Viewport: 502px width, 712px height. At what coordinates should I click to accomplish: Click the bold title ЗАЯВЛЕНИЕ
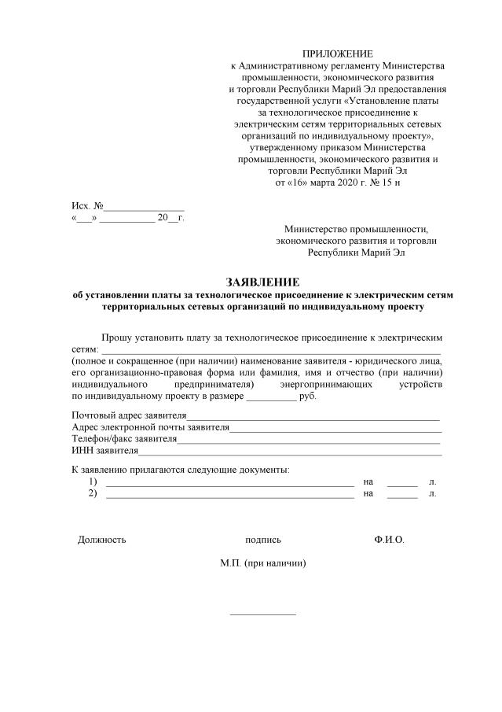262,282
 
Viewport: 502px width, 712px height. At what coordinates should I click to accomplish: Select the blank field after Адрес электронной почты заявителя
335,427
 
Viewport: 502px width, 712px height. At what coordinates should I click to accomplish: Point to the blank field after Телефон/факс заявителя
309,439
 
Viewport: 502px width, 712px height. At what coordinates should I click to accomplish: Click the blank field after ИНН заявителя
290,451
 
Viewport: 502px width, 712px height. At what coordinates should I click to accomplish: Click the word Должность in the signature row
101,540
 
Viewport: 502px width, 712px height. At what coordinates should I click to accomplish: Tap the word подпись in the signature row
263,540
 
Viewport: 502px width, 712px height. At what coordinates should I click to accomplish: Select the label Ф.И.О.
390,540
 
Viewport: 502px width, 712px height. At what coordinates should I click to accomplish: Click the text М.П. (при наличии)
263,563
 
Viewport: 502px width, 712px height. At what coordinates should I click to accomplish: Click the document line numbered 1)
229,481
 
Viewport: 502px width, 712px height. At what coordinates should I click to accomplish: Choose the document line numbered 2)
229,493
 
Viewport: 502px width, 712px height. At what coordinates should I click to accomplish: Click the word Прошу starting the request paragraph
117,337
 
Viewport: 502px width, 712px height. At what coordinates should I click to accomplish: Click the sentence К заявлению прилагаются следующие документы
180,469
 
